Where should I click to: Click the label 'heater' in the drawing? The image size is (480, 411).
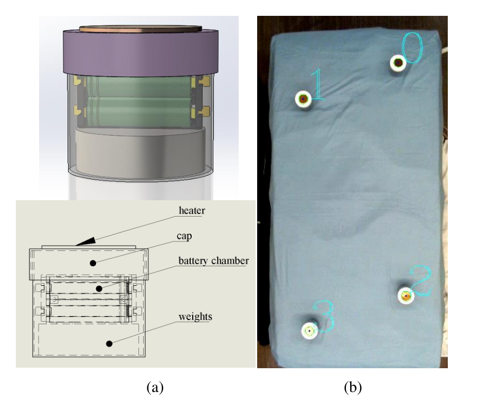[x=192, y=210]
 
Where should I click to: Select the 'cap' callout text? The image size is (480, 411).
[x=184, y=236]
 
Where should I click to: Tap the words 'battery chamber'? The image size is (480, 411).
[x=213, y=260]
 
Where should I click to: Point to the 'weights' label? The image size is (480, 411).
[x=195, y=316]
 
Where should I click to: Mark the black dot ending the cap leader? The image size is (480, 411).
[x=93, y=263]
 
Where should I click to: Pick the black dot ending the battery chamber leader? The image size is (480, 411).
[x=99, y=288]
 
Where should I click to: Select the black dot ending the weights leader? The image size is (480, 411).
[x=109, y=344]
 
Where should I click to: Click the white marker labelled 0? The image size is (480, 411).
[x=398, y=63]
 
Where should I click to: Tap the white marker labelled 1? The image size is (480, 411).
[x=303, y=99]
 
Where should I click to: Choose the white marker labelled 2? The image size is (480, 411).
[x=406, y=296]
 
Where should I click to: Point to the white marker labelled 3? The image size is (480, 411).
[x=309, y=331]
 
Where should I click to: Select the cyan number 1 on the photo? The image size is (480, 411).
[x=317, y=85]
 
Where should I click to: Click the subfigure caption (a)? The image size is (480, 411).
[x=155, y=387]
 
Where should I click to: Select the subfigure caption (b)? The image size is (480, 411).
[x=353, y=387]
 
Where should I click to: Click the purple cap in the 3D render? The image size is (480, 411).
[x=141, y=53]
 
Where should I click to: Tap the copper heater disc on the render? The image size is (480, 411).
[x=140, y=29]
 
